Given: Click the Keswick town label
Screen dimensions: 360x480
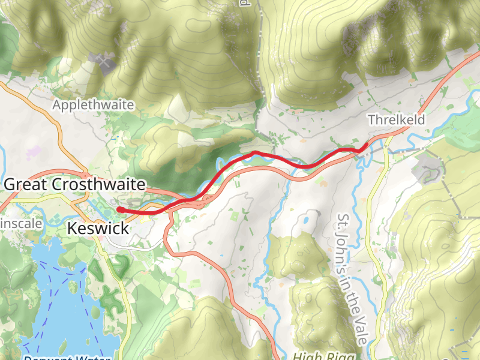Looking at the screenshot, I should coord(98,229).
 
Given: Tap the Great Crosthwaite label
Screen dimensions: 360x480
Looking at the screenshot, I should coord(74,185).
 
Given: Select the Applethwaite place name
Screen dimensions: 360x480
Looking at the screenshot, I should coord(93,105).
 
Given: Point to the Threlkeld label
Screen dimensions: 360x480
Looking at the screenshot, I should coord(396,120).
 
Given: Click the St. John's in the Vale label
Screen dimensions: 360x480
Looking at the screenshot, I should coord(352,278).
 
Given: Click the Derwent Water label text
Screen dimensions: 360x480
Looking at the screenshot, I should coord(66,358).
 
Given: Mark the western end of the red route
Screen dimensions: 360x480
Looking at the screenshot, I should coord(120,209).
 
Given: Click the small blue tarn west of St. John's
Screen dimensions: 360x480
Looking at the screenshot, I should coord(307,220).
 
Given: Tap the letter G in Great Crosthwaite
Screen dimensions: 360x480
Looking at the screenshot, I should coord(10,185).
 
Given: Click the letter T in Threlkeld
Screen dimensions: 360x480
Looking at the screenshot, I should coord(371,120).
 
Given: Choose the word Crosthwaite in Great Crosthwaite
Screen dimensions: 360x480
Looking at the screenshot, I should coord(99,185).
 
